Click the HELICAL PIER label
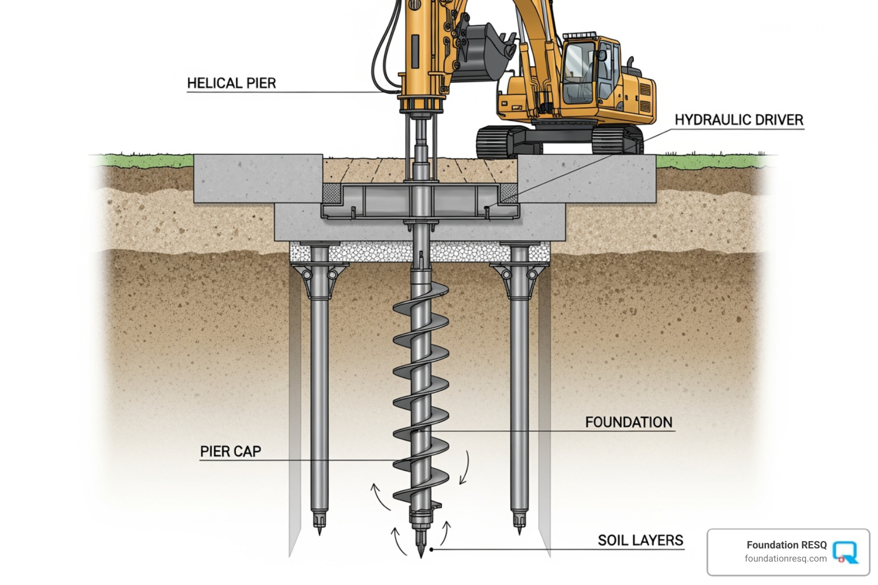tap(231, 83)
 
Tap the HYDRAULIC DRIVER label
tap(739, 120)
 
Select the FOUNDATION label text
tap(628, 422)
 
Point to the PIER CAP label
tap(230, 451)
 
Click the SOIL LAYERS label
tap(640, 540)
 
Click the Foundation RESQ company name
tap(786, 545)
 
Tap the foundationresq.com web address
tap(785, 559)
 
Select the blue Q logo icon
tap(845, 552)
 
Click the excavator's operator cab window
tap(578, 71)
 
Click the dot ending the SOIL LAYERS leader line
tap(432, 550)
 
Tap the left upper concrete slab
tap(258, 178)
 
